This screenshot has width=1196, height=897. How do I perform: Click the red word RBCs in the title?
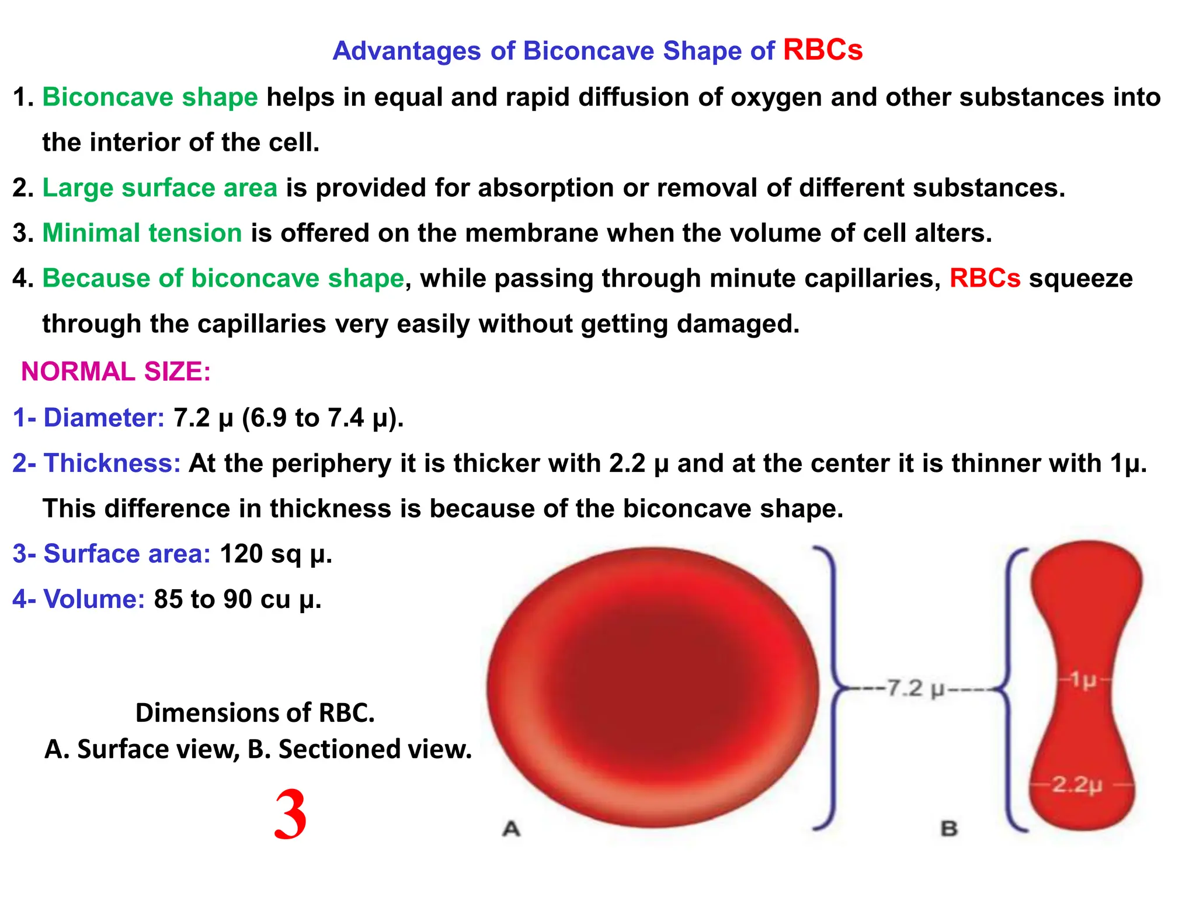point(822,50)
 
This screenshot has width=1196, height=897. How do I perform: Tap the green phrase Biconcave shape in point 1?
point(150,97)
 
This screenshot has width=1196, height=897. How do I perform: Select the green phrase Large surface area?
point(160,188)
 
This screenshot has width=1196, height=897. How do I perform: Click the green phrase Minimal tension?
point(142,233)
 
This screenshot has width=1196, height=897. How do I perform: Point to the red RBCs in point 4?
point(985,278)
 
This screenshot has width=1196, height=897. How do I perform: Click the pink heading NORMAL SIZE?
point(116,371)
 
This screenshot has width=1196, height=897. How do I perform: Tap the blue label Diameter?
point(104,418)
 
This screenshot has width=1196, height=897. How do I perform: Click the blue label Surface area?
point(127,554)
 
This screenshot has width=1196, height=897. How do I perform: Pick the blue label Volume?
point(94,599)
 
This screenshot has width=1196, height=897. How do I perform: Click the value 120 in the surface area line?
point(241,554)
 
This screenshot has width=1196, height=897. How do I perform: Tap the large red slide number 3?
point(290,815)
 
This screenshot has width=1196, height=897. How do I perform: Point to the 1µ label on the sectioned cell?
point(1084,680)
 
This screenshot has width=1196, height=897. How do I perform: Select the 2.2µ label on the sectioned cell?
point(1077,784)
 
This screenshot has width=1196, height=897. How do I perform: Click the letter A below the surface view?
point(511,828)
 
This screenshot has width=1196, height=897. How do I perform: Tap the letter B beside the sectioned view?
point(949,828)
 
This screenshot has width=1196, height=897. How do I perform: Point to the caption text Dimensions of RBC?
point(255,712)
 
